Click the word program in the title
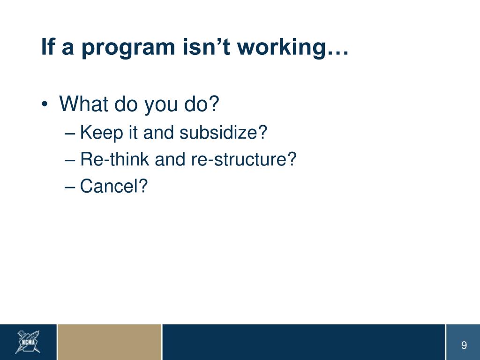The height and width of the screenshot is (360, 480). (128, 48)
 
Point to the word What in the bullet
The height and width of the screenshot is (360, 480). (83, 104)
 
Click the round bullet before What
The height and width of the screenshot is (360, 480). (45, 104)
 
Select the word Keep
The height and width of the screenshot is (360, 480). (101, 133)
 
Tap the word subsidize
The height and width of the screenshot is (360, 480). (219, 132)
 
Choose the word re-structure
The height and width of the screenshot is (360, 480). (240, 159)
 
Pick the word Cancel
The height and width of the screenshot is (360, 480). (109, 186)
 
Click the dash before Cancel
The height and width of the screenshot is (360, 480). (70, 187)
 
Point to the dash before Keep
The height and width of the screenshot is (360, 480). (70, 134)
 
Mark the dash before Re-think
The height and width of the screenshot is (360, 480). (70, 160)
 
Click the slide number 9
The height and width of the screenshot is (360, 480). (464, 345)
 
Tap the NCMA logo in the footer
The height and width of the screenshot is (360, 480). (28, 342)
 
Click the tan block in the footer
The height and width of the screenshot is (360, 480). (110, 342)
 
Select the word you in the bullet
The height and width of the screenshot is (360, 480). (161, 105)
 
